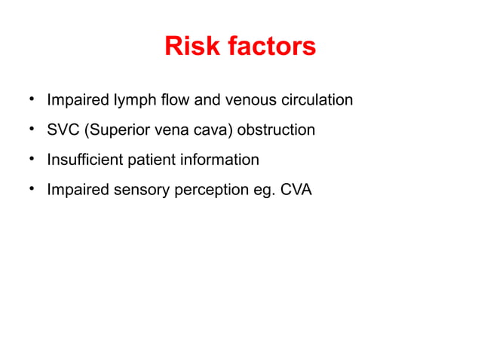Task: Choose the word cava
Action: [214, 130]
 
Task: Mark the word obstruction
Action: [276, 130]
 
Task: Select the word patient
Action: [150, 160]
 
